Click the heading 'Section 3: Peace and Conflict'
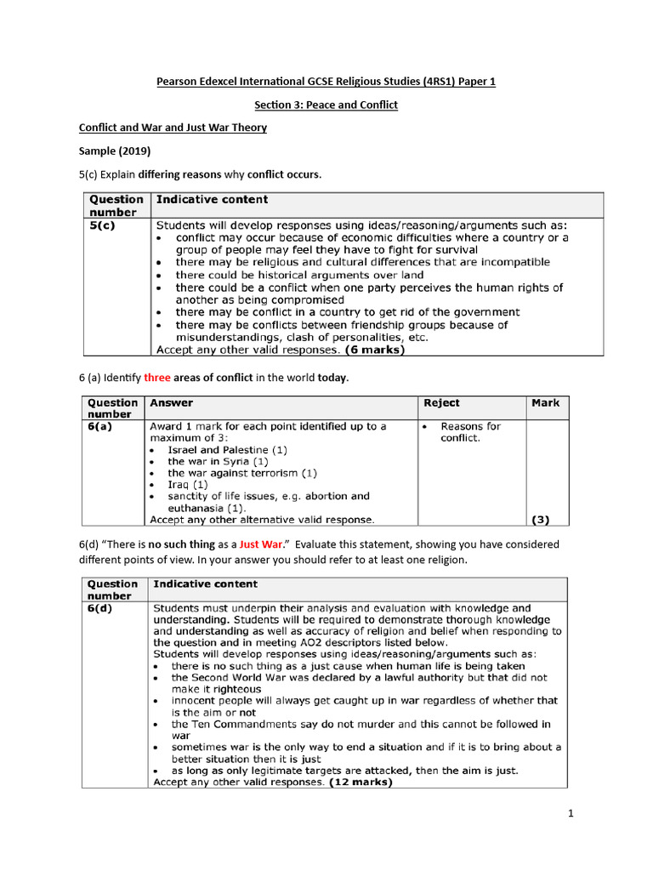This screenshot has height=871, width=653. coord(326,105)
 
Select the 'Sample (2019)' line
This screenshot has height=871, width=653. coord(115,151)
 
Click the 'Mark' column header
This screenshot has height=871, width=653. coord(546,403)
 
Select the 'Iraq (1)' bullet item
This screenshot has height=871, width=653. coord(188,484)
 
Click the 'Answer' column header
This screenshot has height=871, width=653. coord(172,403)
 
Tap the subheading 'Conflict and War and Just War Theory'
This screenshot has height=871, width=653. coord(173,128)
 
